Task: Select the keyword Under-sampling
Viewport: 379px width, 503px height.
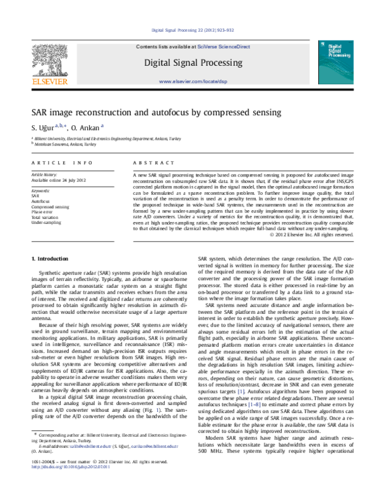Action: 47,223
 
